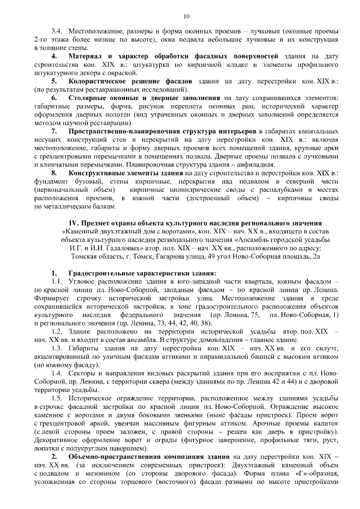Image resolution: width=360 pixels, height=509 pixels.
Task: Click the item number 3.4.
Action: [x=57, y=30]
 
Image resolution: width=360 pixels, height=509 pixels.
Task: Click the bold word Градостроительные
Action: [x=104, y=272]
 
